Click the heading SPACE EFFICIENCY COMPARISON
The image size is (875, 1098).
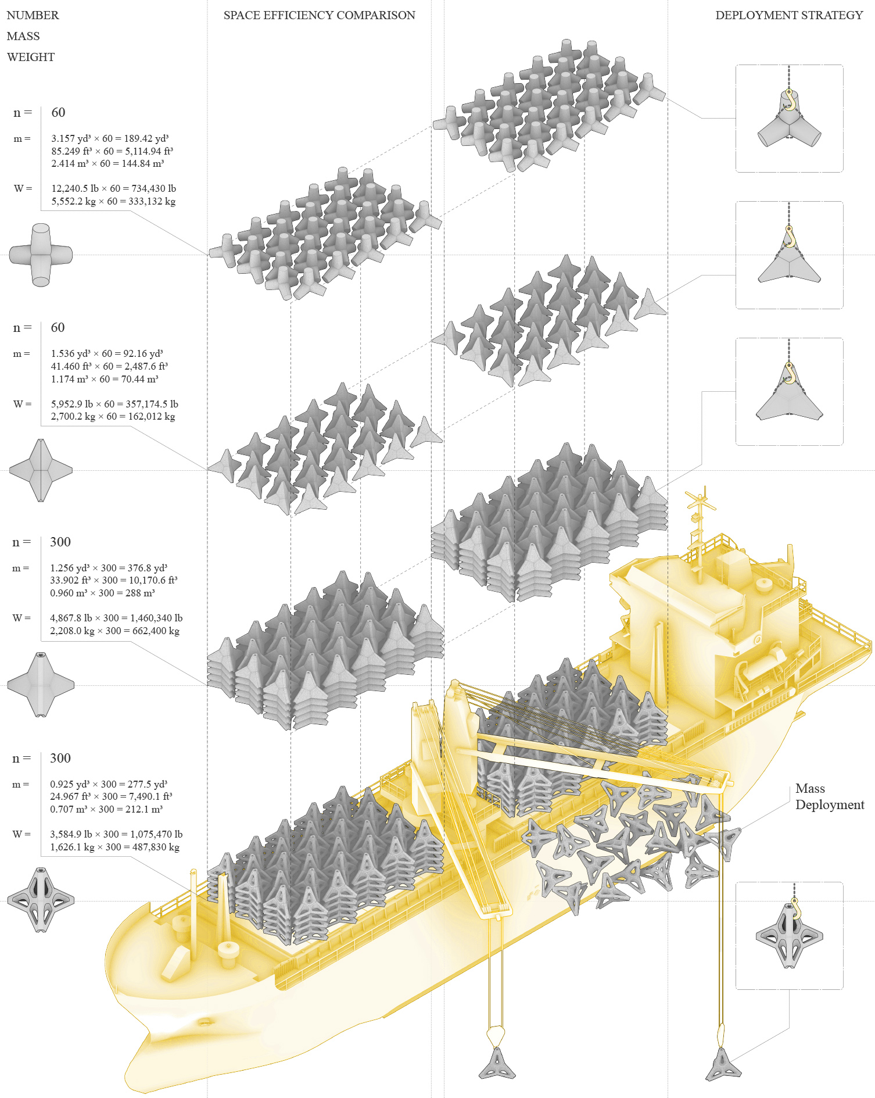(319, 15)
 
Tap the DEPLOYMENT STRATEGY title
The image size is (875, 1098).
(789, 15)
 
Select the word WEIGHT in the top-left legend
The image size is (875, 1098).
(31, 57)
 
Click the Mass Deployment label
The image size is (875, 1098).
(830, 796)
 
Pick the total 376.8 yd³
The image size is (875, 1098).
(144, 568)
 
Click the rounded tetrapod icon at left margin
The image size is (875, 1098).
(41, 255)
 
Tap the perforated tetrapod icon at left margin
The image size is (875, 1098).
(41, 900)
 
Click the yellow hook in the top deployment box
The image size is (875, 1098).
(789, 99)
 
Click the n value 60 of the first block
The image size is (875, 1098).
(58, 112)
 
